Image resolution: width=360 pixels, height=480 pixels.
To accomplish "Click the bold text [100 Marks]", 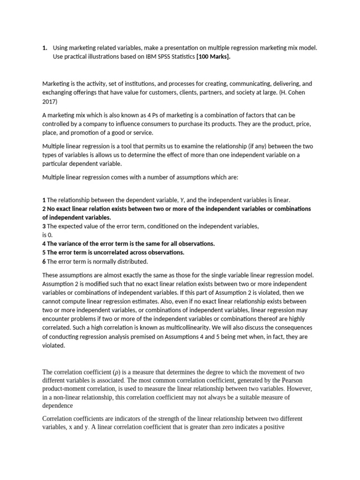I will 213,57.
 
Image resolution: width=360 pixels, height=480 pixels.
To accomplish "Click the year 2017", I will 50,102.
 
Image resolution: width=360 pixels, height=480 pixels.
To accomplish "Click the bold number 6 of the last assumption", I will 44,262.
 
